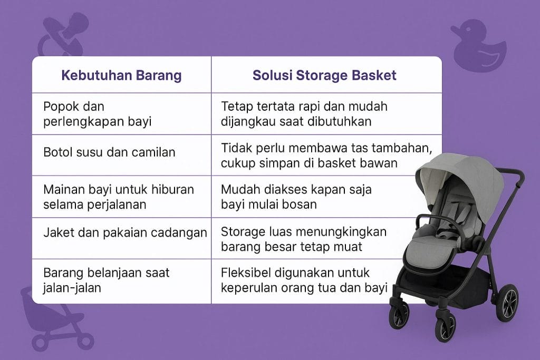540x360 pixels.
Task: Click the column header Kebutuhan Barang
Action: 121,75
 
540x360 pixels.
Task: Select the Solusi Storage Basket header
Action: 324,75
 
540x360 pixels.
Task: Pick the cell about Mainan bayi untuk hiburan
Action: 119,196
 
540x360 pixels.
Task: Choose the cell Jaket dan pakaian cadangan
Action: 124,232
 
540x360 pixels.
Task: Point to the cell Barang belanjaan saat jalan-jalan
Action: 106,280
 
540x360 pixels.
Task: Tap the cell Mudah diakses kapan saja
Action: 296,196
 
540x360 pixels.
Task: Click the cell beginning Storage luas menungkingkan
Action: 304,238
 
